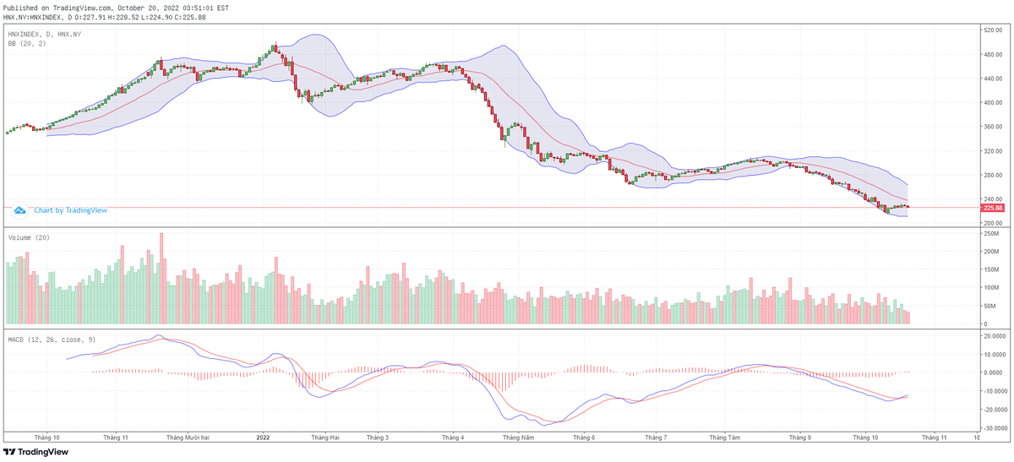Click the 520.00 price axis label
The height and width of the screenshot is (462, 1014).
point(991,30)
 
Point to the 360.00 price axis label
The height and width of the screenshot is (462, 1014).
point(991,127)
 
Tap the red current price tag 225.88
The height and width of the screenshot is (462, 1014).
point(993,208)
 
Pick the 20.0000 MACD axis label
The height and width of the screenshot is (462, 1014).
point(994,335)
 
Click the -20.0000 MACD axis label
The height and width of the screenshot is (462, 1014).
point(994,410)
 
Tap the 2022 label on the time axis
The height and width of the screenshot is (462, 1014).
point(263,438)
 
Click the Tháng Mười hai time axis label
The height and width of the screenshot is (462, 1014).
point(188,438)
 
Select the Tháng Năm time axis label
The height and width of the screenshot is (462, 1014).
point(518,438)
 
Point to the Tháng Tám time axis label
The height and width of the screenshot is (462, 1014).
point(725,438)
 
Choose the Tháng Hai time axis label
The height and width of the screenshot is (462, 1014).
point(324,438)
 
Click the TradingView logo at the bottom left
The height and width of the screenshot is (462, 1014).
point(35,452)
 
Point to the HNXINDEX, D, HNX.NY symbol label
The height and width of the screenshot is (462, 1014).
point(45,33)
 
